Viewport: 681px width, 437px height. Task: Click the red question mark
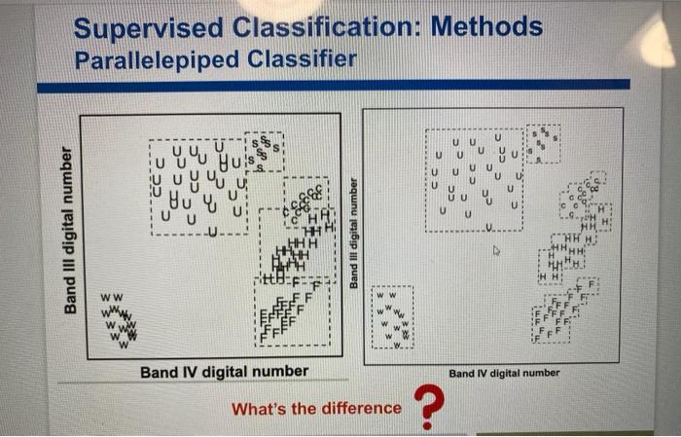(x=424, y=405)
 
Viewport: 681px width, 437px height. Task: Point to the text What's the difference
(x=315, y=409)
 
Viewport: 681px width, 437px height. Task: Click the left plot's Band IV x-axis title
(x=224, y=372)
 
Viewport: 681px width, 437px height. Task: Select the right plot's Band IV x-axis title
(x=504, y=373)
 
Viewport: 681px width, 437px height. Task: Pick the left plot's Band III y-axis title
(x=68, y=230)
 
